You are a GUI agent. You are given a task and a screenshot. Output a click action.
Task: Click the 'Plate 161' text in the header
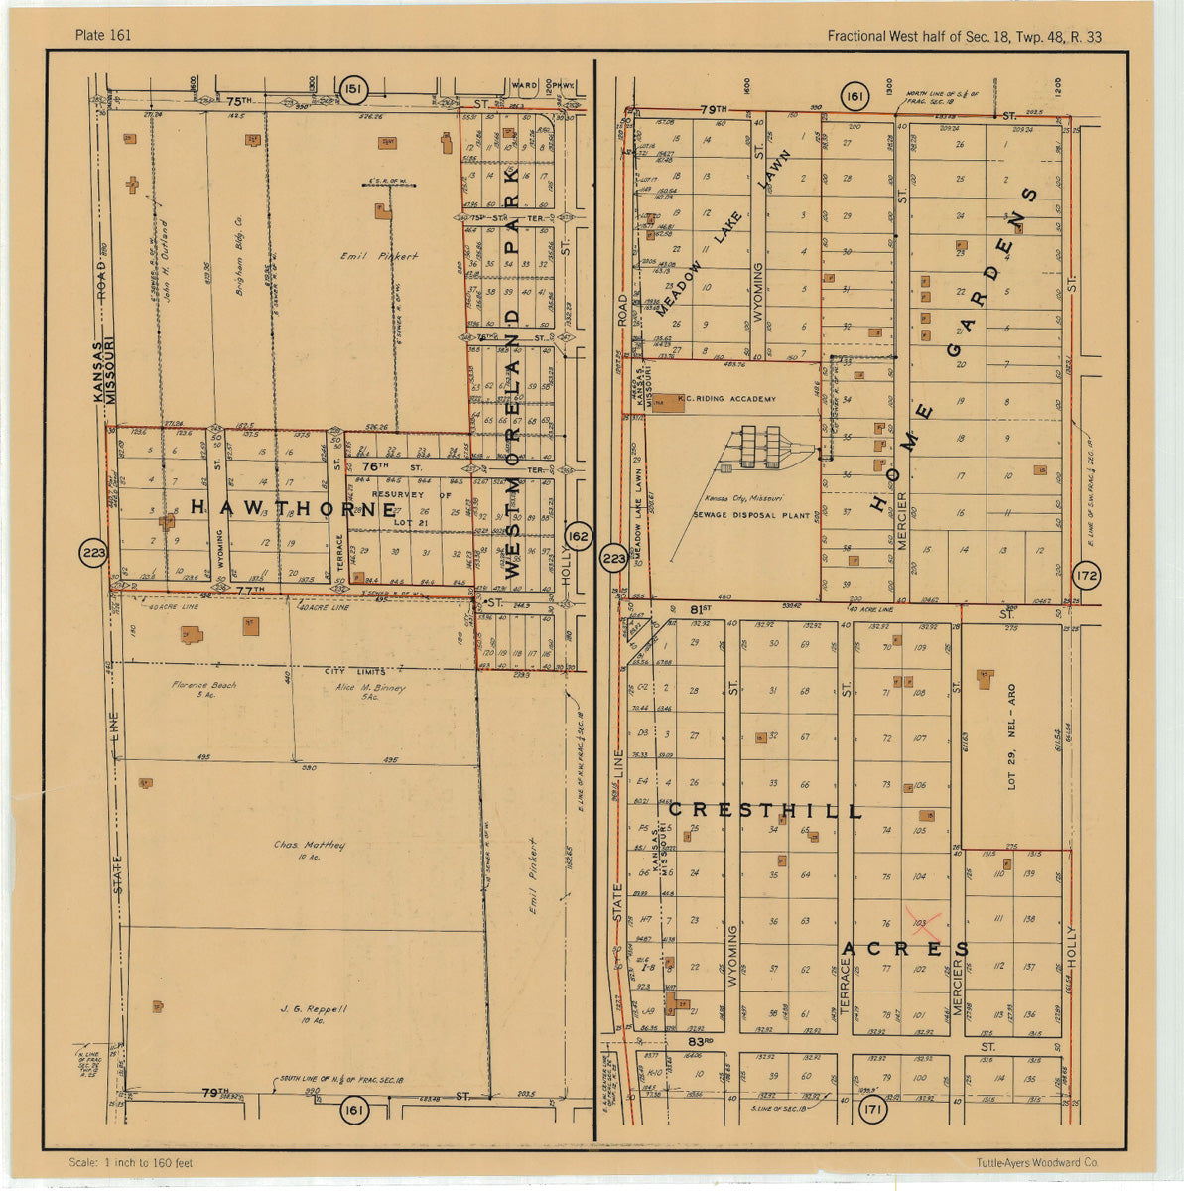coord(103,36)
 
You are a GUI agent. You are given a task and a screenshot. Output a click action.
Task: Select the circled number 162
coord(577,537)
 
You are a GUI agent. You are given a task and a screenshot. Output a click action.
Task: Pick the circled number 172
coord(1087,574)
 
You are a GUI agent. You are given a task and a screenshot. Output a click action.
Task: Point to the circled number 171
coord(872,1110)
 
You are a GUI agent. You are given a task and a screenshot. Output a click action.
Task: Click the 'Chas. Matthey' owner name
coord(310,846)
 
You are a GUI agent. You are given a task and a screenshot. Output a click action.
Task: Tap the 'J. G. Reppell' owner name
coord(313,1009)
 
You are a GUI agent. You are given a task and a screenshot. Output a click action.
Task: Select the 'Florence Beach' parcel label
coord(203,685)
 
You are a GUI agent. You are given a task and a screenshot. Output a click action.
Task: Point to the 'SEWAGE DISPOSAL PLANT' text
coord(738,515)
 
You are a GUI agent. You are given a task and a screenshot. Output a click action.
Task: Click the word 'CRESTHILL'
coord(765,811)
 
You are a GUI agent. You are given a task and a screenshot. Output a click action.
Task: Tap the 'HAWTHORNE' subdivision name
coord(293,509)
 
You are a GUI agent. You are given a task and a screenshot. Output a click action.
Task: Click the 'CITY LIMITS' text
coord(355,672)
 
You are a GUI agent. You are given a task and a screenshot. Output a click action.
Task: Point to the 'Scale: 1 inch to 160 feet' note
coord(132,1163)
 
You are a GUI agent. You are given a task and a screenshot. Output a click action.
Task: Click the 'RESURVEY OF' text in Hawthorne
coord(411,494)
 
